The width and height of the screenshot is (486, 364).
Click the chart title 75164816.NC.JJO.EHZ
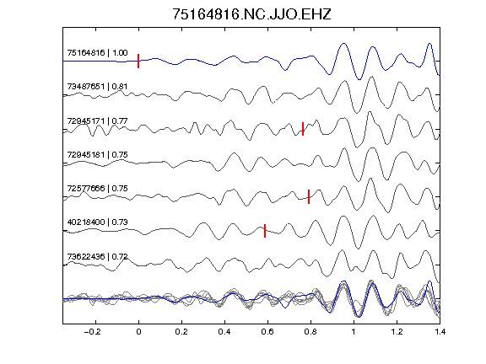[251, 14]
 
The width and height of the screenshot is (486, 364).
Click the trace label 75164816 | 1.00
[97, 52]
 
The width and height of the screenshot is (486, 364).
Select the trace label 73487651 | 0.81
[97, 86]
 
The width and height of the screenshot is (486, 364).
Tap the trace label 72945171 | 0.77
[97, 120]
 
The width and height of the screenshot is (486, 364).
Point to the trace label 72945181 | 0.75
[97, 154]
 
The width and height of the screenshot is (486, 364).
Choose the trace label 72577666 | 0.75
[97, 188]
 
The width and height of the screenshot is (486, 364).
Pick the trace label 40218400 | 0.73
[97, 222]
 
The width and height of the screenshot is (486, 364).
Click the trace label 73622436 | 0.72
[97, 257]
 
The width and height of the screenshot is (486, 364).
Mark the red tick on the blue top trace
[138, 61]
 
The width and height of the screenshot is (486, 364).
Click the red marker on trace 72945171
[303, 129]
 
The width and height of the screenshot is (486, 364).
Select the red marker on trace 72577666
[309, 196]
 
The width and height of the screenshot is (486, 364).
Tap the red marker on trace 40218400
[265, 231]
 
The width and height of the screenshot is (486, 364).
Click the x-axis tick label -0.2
[93, 332]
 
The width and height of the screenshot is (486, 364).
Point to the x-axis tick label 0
[138, 332]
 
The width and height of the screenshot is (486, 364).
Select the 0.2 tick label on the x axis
[181, 332]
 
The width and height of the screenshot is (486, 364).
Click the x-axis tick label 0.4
[224, 332]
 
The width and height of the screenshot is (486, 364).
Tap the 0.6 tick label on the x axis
[267, 332]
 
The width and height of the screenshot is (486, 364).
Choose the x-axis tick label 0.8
[310, 332]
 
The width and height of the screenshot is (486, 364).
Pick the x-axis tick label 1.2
[397, 332]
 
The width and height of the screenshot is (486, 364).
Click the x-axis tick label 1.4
[440, 332]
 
